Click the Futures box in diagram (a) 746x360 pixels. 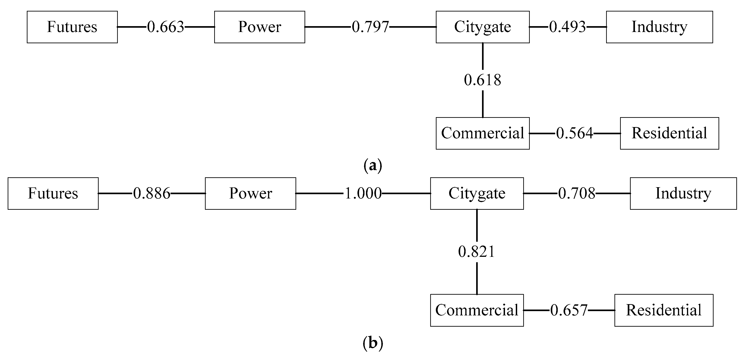pos(72,27)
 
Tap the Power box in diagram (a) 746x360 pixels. pos(259,27)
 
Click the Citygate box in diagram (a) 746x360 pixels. pos(482,27)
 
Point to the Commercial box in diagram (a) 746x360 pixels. pos(482,133)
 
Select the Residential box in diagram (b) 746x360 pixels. pos(664,310)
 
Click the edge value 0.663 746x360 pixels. pos(165,27)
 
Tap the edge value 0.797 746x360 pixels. pos(370,27)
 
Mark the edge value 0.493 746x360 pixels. pos(567,27)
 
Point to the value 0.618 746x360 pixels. pos(482,80)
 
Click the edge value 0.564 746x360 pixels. pos(575,133)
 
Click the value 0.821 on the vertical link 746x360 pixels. pos(477,252)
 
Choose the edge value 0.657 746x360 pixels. pos(569,310)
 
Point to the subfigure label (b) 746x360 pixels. pos(373,343)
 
